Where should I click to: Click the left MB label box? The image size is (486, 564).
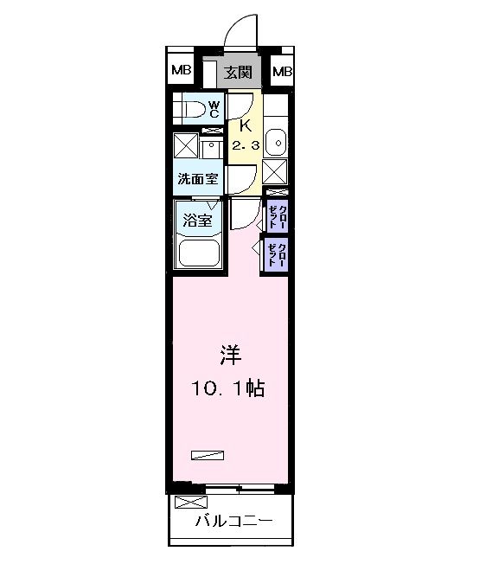coord(181,71)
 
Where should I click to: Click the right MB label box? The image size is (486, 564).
coord(283,71)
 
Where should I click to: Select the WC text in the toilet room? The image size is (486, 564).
coord(214,109)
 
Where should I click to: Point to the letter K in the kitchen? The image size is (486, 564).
coord(245,125)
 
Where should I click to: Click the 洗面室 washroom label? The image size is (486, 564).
coord(197,180)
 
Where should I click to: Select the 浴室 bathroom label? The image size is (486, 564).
coord(196,221)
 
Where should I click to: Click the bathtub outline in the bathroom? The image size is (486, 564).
coord(200,252)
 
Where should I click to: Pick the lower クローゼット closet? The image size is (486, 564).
coord(278,254)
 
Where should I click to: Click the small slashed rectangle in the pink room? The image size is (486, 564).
coord(208,453)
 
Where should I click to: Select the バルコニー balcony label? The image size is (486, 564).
coord(233,522)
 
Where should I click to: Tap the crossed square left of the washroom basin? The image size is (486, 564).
coord(186,145)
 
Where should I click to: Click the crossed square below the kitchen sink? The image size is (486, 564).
coord(275,170)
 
